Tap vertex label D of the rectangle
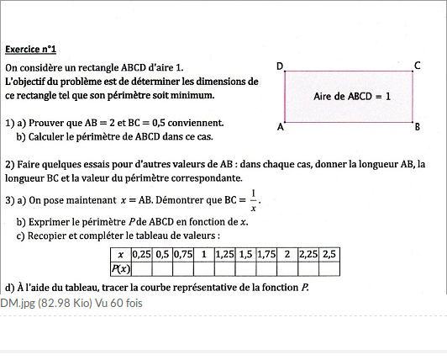pos(281,66)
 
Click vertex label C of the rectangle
pos(418,65)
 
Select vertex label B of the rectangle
pos(418,129)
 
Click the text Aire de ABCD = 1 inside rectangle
pos(352,96)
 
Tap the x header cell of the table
pos(121,254)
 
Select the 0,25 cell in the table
pos(141,254)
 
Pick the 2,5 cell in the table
pos(329,254)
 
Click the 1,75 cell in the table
pos(267,254)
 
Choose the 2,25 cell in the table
pos(308,254)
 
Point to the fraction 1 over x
pos(253,201)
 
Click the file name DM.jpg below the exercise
pos(16,303)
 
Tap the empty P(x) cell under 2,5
pos(329,269)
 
